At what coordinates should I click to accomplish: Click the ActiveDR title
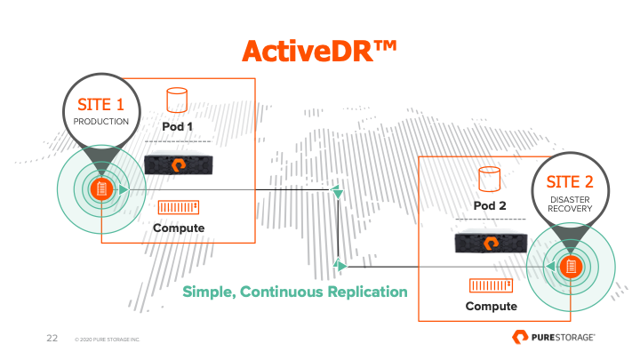coord(319,51)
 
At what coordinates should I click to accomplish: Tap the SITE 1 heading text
coord(100,105)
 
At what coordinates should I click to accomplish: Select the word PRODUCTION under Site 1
coord(100,122)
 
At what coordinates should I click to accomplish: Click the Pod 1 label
coord(177,126)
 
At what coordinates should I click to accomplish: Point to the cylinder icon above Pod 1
coord(177,100)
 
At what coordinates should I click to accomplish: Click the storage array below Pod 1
coord(179,164)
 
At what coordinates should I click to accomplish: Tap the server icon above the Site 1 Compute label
coord(179,207)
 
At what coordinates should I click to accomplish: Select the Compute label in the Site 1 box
coord(179,228)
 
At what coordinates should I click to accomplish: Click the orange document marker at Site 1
coord(101,189)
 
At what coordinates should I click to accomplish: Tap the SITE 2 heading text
coord(570,182)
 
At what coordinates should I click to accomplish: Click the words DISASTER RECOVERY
coord(570,204)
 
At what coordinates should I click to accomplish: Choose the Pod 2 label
coord(490,205)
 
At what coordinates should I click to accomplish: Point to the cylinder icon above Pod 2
coord(490,180)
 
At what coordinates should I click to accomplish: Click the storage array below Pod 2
coord(491,241)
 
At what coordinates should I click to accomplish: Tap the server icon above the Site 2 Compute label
coord(491,285)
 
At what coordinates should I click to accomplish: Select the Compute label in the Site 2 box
coord(491,306)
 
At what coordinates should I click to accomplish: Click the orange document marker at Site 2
coord(571,267)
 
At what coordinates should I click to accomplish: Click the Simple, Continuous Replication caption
coord(295,292)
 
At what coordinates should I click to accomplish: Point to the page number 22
coord(52,338)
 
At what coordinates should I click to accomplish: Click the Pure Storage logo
coord(554,337)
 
